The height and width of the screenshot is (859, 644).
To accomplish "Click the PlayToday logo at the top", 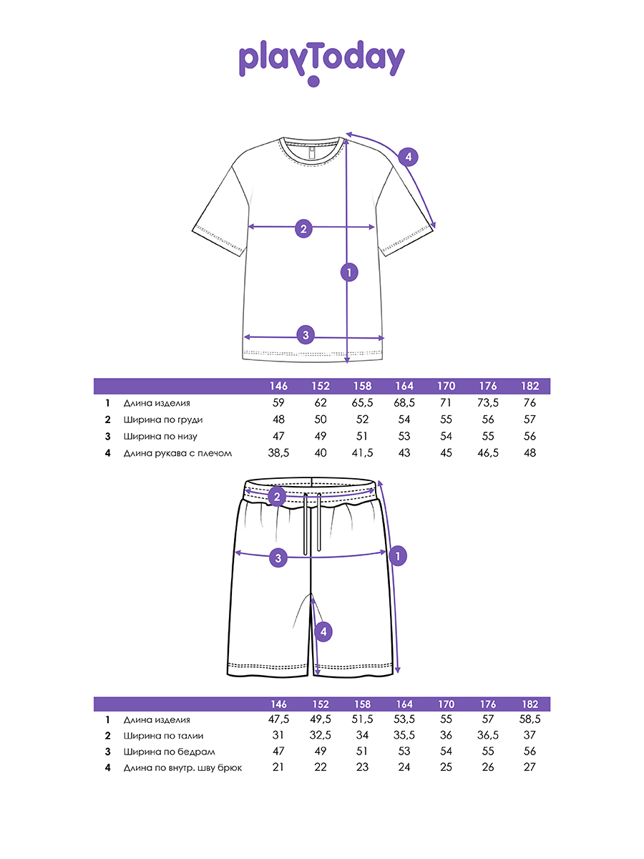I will pos(321,62).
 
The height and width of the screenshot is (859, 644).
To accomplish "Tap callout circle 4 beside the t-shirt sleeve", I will pos(407,157).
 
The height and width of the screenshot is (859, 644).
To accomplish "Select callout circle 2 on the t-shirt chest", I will pos(304,229).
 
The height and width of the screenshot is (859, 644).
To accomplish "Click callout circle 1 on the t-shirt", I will pos(348,272).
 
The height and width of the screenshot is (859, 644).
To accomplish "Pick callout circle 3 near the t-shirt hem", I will pos(306,334).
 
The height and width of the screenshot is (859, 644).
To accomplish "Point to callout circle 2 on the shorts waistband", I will pos(277,496).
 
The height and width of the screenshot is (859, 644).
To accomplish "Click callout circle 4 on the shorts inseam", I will pos(323,631).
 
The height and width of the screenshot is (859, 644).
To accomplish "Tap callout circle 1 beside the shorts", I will pos(399,555).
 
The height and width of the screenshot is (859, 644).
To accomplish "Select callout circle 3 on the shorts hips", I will pos(279,558).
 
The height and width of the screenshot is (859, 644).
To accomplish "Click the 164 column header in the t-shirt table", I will pos(404,387).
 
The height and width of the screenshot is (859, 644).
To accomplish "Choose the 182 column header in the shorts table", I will pos(530,704).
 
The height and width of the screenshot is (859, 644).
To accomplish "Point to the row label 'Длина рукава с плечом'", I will pos(177,453).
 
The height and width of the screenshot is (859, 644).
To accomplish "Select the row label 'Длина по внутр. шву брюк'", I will pos(182,768).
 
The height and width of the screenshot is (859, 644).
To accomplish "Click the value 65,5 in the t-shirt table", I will pos(362,403).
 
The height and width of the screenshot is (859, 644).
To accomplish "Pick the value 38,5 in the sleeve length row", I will pos(279,453).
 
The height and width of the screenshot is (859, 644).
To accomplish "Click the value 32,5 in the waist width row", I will pos(320,735).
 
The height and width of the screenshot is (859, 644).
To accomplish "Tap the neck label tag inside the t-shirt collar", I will pos(308,152).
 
